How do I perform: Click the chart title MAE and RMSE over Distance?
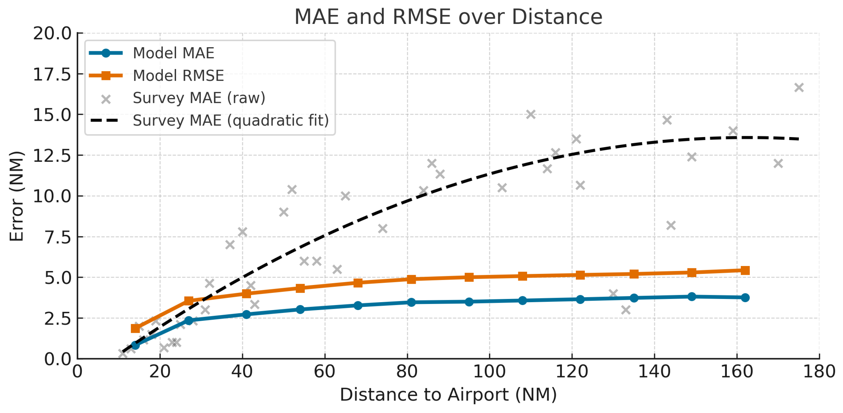[448, 17]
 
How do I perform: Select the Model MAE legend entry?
[173, 53]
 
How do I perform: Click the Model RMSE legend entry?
[178, 76]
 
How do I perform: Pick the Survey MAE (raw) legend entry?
[199, 98]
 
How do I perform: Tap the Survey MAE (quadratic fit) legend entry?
[230, 120]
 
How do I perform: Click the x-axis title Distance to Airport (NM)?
[448, 395]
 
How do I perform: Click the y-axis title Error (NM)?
[16, 196]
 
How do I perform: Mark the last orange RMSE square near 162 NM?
[745, 270]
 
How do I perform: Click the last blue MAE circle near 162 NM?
[745, 297]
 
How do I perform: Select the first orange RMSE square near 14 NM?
[135, 328]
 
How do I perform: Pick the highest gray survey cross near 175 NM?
[799, 87]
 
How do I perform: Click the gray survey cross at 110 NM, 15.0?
[531, 114]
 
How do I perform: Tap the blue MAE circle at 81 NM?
[411, 302]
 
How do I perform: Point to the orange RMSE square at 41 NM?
[246, 294]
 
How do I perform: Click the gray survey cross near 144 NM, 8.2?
[671, 225]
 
